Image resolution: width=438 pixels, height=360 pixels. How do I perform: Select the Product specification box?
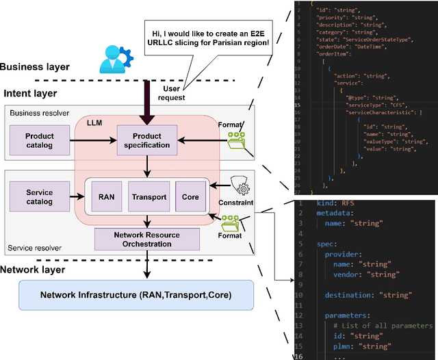(146, 140)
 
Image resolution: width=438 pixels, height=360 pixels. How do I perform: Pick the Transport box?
(148, 197)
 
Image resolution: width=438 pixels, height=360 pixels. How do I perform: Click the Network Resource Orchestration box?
(147, 239)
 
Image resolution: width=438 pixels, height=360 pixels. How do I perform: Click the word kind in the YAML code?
(327, 204)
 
